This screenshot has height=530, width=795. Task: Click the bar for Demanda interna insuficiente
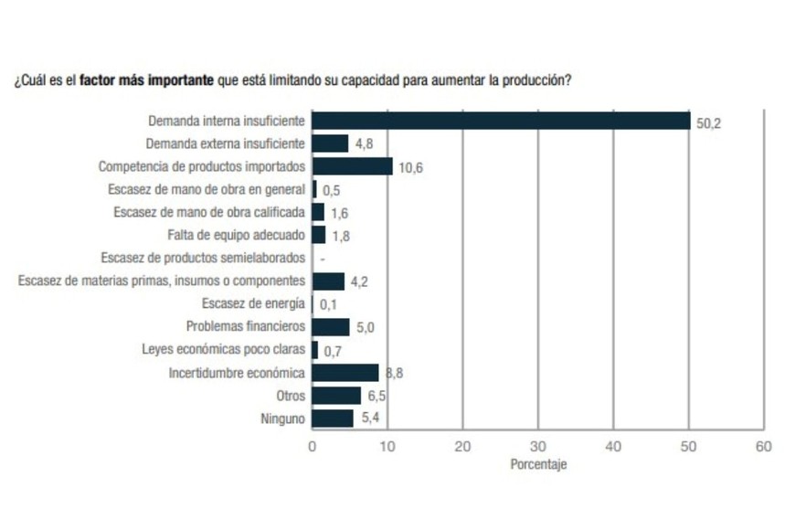pyautogui.click(x=501, y=121)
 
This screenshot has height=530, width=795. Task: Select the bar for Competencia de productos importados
pyautogui.click(x=352, y=166)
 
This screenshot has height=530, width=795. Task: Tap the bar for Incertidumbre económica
pyautogui.click(x=345, y=373)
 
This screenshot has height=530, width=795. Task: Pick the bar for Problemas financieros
pyautogui.click(x=331, y=327)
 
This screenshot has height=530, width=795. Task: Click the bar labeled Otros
pyautogui.click(x=336, y=396)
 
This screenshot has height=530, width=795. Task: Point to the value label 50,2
pyautogui.click(x=709, y=122)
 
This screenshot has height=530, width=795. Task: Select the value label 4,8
pyautogui.click(x=365, y=144)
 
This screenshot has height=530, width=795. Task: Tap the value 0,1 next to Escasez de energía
pyautogui.click(x=328, y=305)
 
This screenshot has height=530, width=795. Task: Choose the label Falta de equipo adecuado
pyautogui.click(x=236, y=235)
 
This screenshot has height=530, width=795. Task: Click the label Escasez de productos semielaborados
pyautogui.click(x=203, y=258)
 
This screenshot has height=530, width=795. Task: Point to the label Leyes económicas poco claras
pyautogui.click(x=223, y=350)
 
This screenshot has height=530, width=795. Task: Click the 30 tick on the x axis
pyautogui.click(x=538, y=446)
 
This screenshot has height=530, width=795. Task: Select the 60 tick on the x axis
pyautogui.click(x=763, y=446)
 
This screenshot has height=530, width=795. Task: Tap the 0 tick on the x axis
pyautogui.click(x=313, y=446)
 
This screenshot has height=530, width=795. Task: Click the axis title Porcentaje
pyautogui.click(x=538, y=464)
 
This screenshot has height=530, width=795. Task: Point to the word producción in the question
pyautogui.click(x=537, y=80)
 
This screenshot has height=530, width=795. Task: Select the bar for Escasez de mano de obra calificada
pyautogui.click(x=318, y=212)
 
